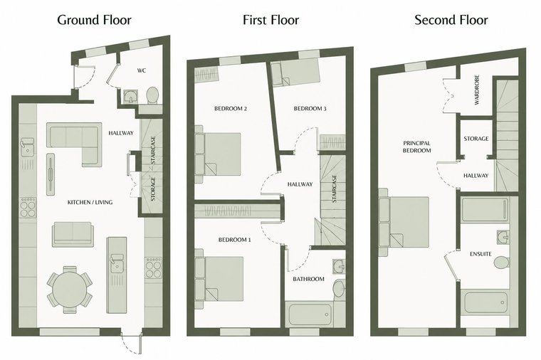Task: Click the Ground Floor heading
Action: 94,20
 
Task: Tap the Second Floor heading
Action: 451,20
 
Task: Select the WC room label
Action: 142,70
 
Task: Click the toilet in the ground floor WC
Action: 152,95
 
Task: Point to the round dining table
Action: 70,290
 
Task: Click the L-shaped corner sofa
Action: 74,140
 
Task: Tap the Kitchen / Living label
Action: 90,202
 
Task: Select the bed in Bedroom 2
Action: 217,154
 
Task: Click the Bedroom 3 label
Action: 310,109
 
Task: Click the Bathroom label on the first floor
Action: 308,279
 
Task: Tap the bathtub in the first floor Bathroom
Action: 308,314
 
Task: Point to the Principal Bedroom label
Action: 417,147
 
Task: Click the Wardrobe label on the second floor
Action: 477,90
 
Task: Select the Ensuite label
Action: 480,254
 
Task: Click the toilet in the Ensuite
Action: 502,263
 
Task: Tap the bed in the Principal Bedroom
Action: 404,222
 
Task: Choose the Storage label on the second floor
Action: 476,139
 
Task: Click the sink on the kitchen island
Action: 117,263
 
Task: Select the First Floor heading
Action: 270,20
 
